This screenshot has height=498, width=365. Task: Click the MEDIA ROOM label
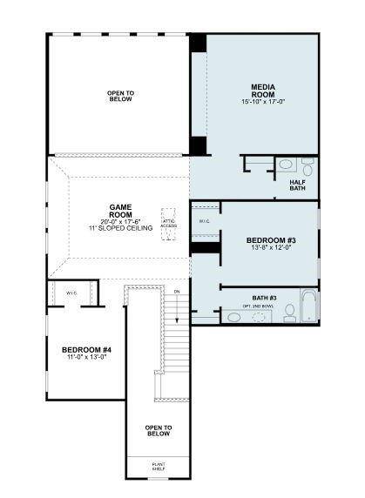263,91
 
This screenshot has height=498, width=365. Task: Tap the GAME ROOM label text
120,211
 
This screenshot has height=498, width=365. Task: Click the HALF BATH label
300,186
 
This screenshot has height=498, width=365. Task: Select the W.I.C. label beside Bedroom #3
204,221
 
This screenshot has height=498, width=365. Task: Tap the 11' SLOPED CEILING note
119,227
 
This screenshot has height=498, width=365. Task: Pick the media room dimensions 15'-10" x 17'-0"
263,102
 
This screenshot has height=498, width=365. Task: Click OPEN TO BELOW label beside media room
120,96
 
